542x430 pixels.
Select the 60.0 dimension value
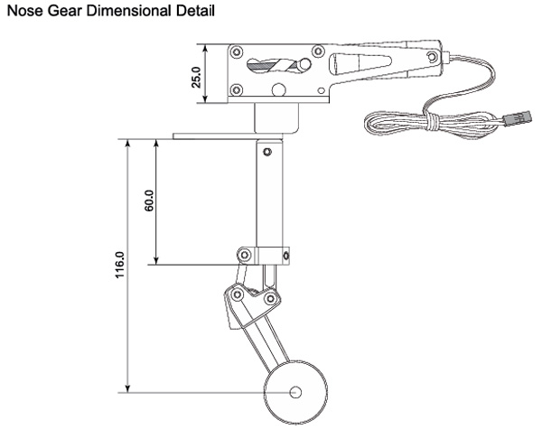coord(149,201)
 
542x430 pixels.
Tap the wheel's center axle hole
coord(296,393)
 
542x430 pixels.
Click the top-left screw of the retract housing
coord(238,51)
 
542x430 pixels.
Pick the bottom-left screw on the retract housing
coord(237,89)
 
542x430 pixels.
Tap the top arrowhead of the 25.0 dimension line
coord(207,47)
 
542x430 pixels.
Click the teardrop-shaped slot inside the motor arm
coord(349,65)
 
